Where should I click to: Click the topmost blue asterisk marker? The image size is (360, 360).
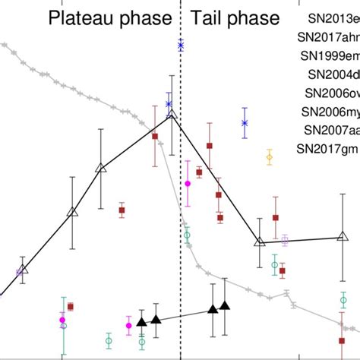pyautogui.click(x=181, y=46)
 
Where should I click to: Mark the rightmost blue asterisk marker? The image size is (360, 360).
pyautogui.click(x=245, y=122)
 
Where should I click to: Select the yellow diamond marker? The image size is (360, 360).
pyautogui.click(x=269, y=158)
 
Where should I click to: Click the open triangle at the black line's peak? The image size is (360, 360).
pyautogui.click(x=172, y=114)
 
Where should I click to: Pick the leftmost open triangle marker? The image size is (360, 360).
pyautogui.click(x=23, y=268)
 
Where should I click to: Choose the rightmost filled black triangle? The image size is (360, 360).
pyautogui.click(x=225, y=306)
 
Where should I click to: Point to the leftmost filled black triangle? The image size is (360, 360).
pyautogui.click(x=141, y=322)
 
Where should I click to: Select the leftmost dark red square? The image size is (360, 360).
pyautogui.click(x=70, y=307)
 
